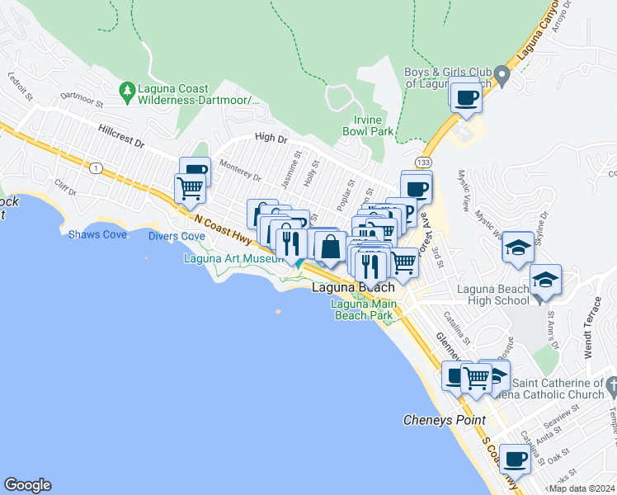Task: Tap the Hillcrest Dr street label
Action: pos(120,137)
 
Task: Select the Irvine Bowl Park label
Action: pos(367,125)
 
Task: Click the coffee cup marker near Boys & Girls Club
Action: pos(466,99)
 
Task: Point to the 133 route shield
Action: pos(422,162)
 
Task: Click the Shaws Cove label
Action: pos(97,235)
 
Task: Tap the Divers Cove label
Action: pos(177,236)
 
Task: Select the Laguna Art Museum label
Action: pos(233,258)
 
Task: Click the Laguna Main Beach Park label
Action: pos(363,309)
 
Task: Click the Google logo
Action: pos(27,485)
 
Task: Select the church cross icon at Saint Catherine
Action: pos(611,384)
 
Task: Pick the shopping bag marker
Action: pos(330,247)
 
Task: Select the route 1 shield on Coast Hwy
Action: pos(97,168)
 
